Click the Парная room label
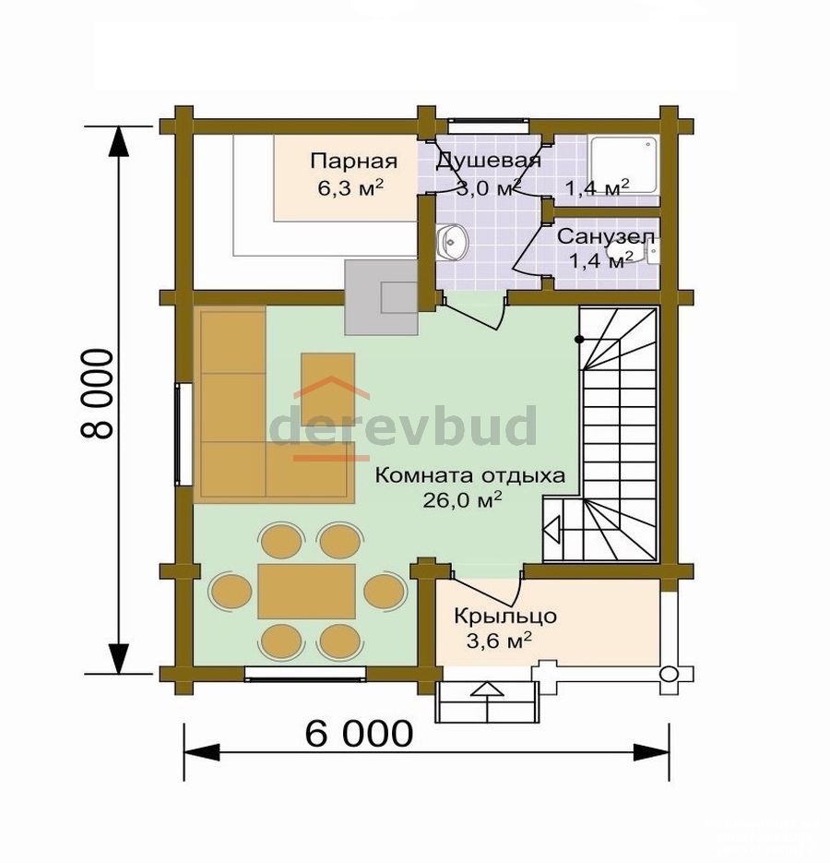click(353, 162)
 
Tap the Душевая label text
click(489, 161)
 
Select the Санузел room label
click(606, 236)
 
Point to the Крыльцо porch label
click(505, 616)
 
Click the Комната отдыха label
click(469, 475)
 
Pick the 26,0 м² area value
click(462, 499)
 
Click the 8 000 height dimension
click(98, 393)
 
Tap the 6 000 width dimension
click(359, 733)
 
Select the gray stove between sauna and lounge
click(381, 297)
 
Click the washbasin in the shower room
click(453, 242)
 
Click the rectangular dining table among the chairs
click(306, 591)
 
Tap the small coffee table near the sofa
click(327, 390)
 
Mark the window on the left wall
click(184, 434)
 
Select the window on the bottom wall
click(305, 673)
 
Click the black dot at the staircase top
click(579, 340)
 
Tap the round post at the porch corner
click(669, 674)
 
